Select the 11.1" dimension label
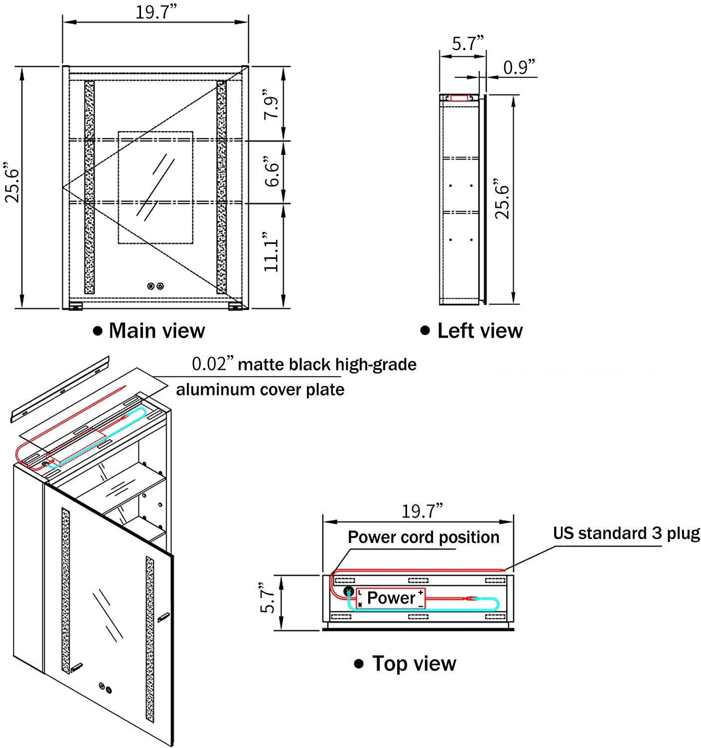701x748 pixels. pyautogui.click(x=273, y=252)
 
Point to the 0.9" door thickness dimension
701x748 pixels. pyautogui.click(x=519, y=67)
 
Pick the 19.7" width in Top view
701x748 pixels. pyautogui.click(x=422, y=511)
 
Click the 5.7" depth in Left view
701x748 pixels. pyautogui.click(x=468, y=44)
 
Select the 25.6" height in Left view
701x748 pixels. pyautogui.click(x=503, y=201)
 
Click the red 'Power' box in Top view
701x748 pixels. pyautogui.click(x=391, y=598)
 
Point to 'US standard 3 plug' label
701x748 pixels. pyautogui.click(x=626, y=533)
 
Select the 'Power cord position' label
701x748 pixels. pyautogui.click(x=423, y=537)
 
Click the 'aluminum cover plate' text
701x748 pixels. pyautogui.click(x=260, y=389)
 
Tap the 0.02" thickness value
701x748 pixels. pyautogui.click(x=213, y=364)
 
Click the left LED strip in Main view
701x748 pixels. pyautogui.click(x=89, y=187)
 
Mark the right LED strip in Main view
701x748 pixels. pyautogui.click(x=221, y=187)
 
